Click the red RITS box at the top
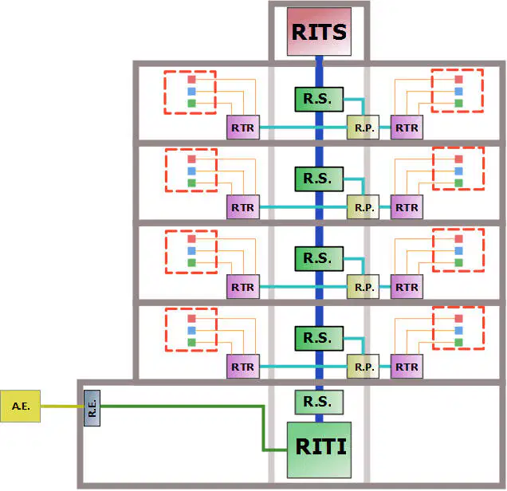(x=319, y=32)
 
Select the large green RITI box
(x=319, y=450)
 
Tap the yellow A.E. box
(x=21, y=406)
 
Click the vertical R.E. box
(x=92, y=408)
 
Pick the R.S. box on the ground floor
(x=319, y=402)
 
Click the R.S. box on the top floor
(x=319, y=99)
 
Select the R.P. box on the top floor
(x=364, y=128)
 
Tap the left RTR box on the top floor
(x=243, y=128)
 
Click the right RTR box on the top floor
(x=407, y=128)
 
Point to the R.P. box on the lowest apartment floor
(x=364, y=367)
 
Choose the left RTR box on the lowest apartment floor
(x=243, y=367)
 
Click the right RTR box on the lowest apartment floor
(x=407, y=367)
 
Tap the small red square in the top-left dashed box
(x=192, y=80)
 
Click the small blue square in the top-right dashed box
(x=458, y=91)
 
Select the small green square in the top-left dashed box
(x=192, y=104)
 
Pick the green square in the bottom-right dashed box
(x=458, y=342)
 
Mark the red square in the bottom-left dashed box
(x=192, y=318)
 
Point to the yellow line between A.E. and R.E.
(x=62, y=407)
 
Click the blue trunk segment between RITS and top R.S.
(x=319, y=72)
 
